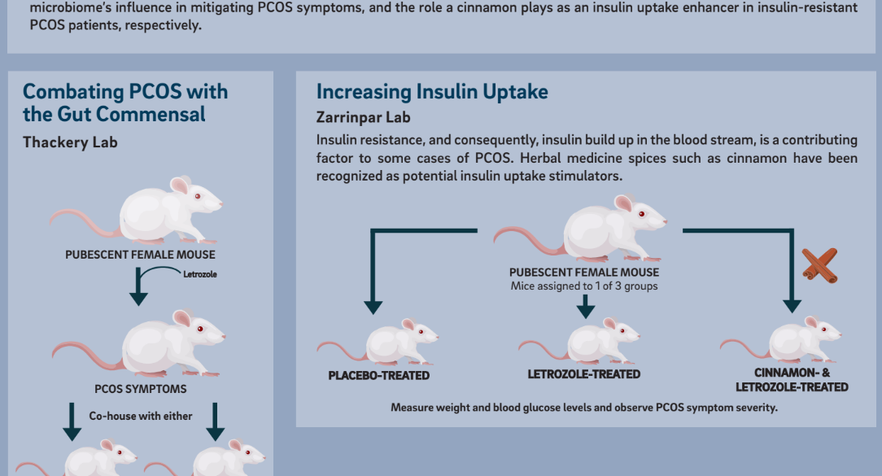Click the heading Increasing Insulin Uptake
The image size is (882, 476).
coord(432,92)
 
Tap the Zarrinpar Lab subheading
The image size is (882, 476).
coord(364,118)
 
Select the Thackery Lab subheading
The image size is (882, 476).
coord(70,142)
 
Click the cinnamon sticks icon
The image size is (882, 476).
coord(819,265)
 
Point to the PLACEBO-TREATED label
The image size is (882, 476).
coord(379,376)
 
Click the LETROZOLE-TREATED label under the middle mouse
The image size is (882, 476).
coord(584,374)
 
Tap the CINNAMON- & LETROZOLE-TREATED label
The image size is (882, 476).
coord(792,380)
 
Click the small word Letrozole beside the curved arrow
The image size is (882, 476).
coord(199,274)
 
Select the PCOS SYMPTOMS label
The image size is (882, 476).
coord(141,389)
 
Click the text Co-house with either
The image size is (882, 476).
coord(141,416)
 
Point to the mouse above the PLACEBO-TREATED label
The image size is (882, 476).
coord(378,341)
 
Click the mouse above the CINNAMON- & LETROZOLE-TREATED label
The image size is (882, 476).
coord(781,339)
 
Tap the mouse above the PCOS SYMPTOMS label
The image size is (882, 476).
coord(139,343)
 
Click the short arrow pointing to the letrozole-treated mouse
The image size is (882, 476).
coord(586,306)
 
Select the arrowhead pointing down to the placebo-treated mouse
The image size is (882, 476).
coord(373,308)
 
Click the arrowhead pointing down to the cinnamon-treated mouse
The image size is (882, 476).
coord(792,306)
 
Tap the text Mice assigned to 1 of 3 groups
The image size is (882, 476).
coord(584,286)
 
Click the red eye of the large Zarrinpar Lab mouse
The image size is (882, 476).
coord(642,214)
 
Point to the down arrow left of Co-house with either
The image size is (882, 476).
coord(72,422)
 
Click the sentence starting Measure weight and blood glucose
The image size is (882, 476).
coord(584,408)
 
